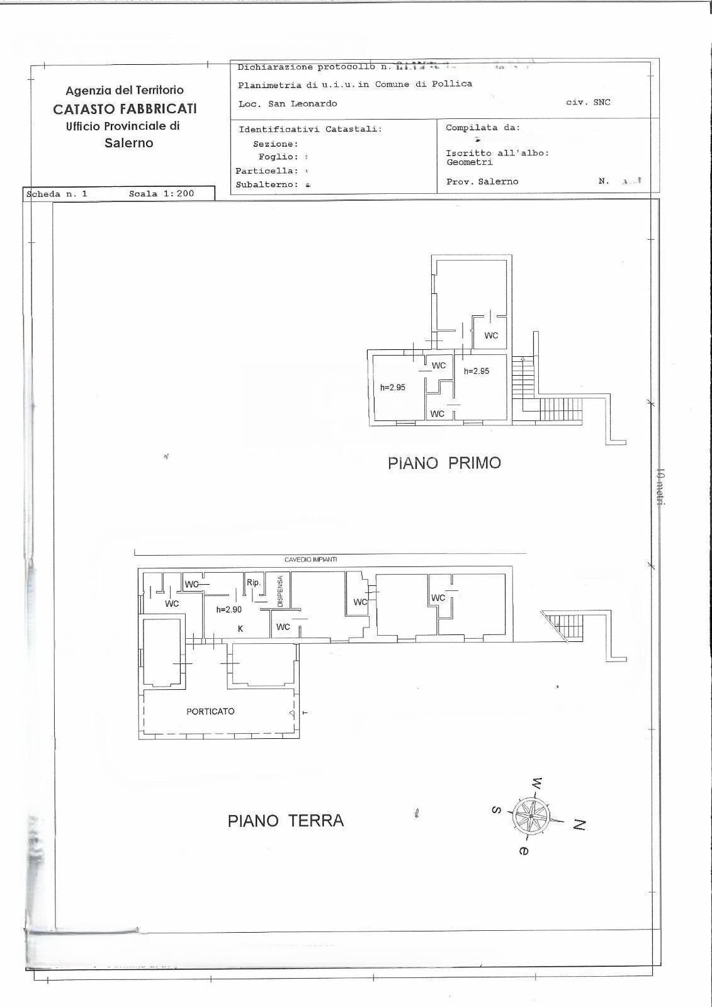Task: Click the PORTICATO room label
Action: click(210, 711)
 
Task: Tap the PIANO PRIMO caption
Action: click(444, 463)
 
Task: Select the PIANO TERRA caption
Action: click(286, 821)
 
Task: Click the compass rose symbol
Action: click(532, 816)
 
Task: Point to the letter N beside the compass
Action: click(579, 824)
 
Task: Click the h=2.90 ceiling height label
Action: click(229, 609)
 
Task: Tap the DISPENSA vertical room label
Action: click(281, 591)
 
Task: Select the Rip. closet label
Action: click(254, 583)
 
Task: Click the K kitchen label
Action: click(240, 629)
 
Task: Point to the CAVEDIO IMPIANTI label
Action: click(311, 560)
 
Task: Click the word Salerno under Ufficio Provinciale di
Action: click(128, 143)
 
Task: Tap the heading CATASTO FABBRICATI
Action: click(125, 108)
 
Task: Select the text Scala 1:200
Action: click(162, 194)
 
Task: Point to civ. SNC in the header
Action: click(588, 102)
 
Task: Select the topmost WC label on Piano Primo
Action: click(491, 335)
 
